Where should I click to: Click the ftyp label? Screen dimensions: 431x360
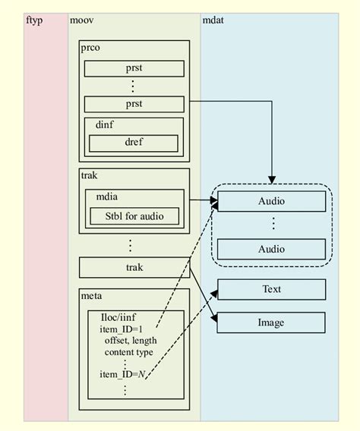[x=35, y=19]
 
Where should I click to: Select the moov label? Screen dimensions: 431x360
[x=82, y=19]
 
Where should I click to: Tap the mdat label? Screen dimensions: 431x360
[x=213, y=19]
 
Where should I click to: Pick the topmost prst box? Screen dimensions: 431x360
[x=134, y=68]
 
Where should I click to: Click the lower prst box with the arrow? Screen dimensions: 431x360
[x=134, y=104]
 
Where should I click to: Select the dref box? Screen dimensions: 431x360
[x=134, y=143]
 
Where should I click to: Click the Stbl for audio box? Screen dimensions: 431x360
[x=134, y=216]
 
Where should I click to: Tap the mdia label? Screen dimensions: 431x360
[x=106, y=197]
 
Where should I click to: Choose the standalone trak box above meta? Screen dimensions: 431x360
[x=134, y=267]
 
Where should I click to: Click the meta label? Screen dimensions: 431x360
[x=92, y=295]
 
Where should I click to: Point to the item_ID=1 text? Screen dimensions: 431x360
[x=119, y=329]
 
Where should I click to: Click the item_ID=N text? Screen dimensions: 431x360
[x=122, y=374]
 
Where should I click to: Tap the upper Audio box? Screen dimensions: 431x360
[x=271, y=201]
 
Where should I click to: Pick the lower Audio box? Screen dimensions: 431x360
[x=271, y=249]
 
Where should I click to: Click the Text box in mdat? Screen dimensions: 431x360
[x=271, y=289]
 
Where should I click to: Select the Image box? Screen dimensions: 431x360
[x=271, y=322]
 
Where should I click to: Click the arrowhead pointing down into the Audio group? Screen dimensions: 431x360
[x=271, y=178]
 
